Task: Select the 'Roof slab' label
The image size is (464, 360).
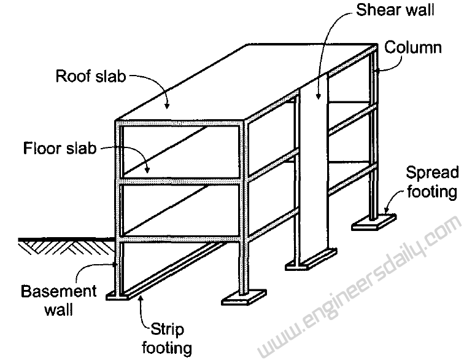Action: pos(91,77)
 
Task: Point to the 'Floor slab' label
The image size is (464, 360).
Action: pos(60,149)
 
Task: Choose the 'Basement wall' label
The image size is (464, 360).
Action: pos(58,299)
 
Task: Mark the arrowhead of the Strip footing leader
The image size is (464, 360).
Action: pos(141,299)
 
